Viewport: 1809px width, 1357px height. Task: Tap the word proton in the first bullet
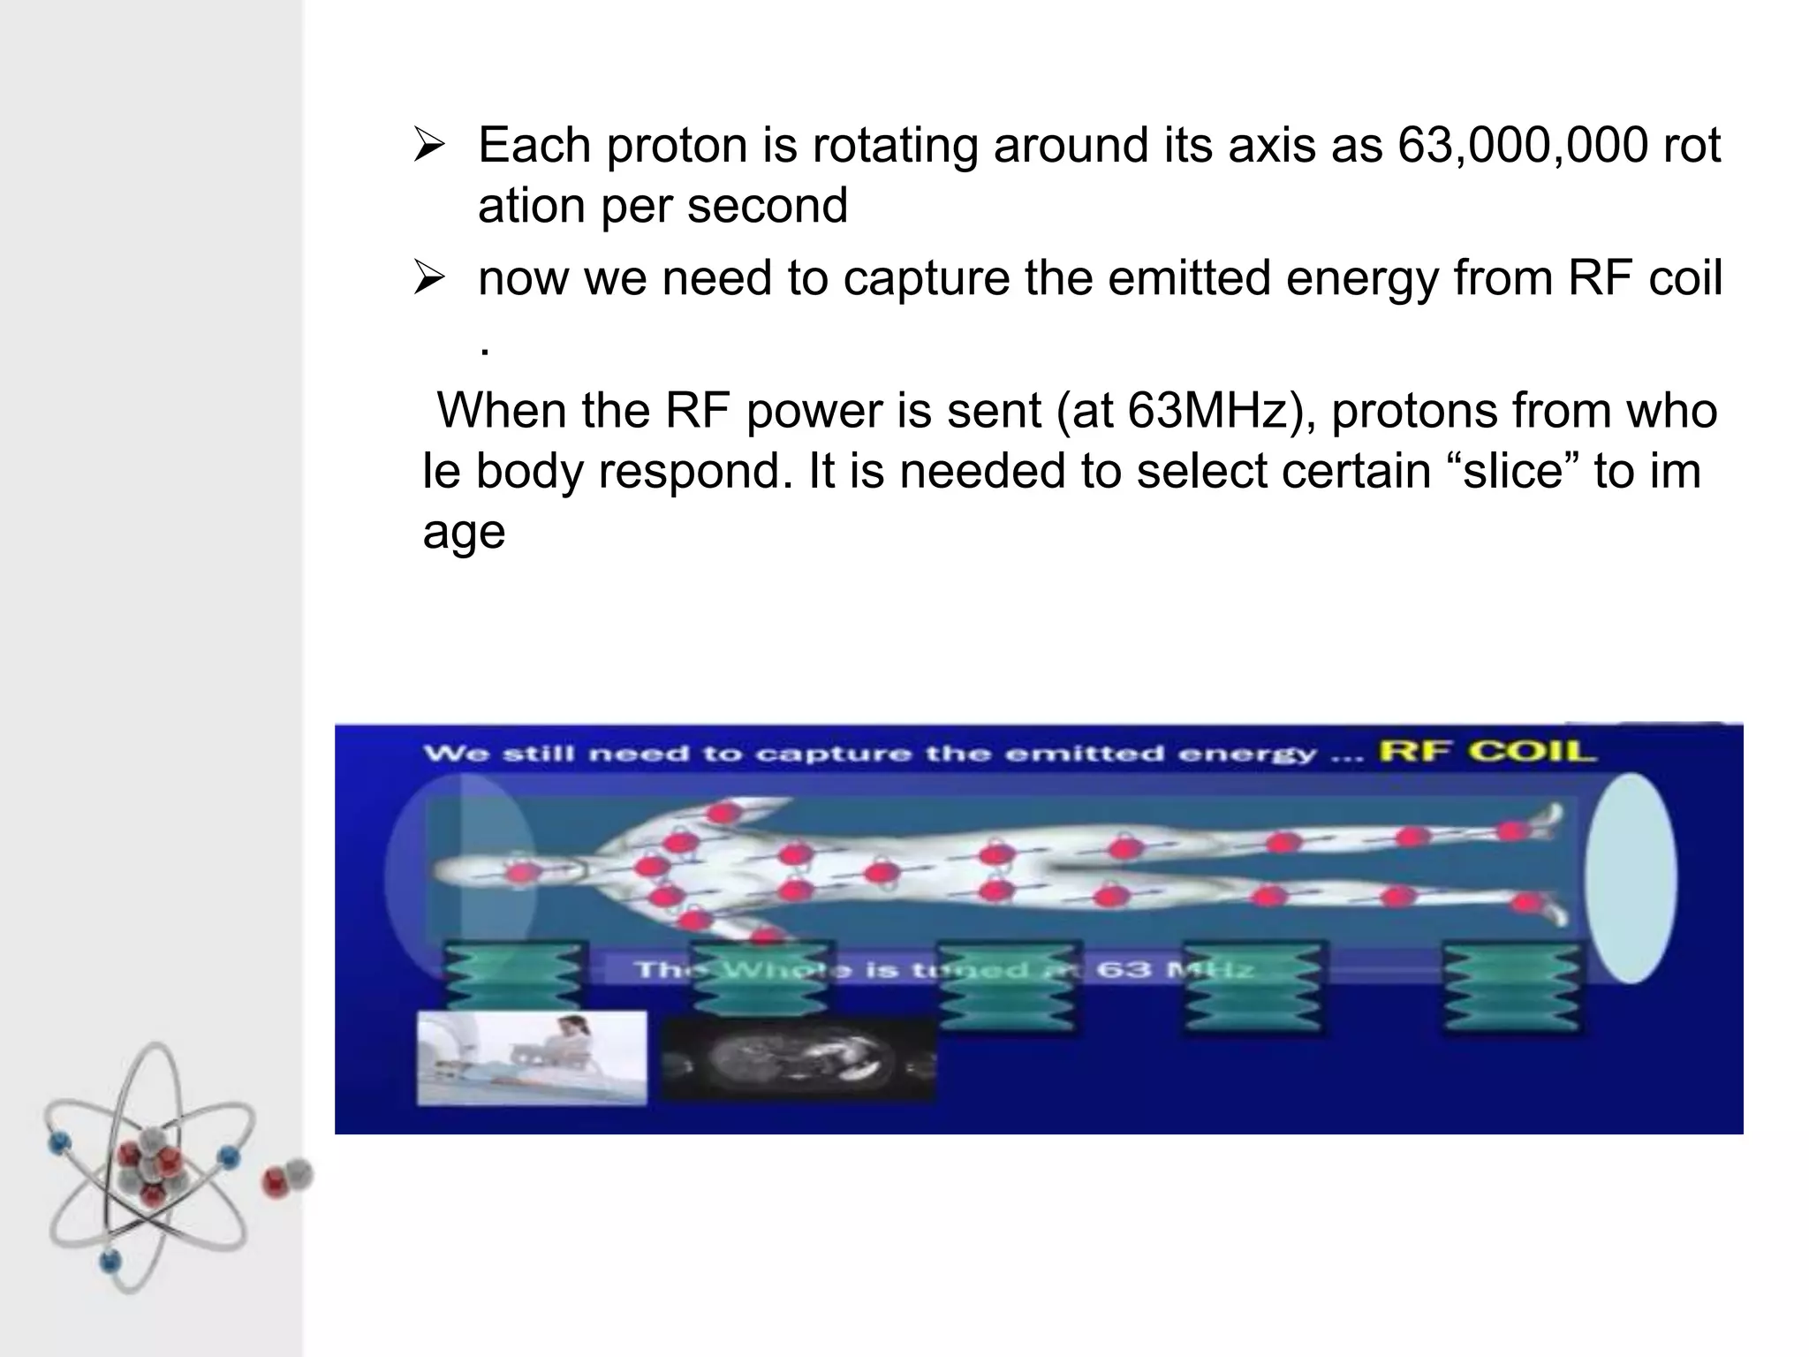[677, 145]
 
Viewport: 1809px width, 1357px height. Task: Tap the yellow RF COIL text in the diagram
[1487, 752]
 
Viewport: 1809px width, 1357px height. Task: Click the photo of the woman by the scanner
[532, 1058]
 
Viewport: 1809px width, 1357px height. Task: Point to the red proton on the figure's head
[521, 874]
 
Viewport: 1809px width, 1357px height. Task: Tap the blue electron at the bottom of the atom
[109, 1260]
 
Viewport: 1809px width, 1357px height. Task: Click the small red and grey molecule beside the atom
[288, 1177]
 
